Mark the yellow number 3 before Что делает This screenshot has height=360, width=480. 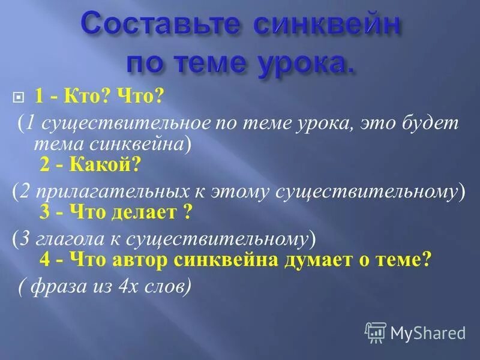44,213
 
